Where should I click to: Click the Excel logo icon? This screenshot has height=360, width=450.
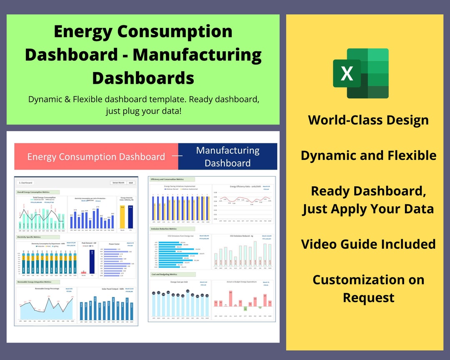coord(361,73)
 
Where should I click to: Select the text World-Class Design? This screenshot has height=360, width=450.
coord(368,120)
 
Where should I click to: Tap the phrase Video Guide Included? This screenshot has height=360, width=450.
coord(368,244)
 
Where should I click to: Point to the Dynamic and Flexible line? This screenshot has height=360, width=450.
coord(368,155)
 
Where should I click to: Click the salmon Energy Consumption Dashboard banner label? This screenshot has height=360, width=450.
coord(96,157)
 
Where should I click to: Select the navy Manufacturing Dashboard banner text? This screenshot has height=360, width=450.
coord(227,157)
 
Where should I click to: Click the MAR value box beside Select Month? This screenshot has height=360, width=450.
coord(131,182)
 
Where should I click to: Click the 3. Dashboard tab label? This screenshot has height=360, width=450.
coord(25,182)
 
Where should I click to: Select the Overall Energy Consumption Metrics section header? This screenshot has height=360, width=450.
coord(38,192)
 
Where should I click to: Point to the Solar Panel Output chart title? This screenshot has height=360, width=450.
coord(107,289)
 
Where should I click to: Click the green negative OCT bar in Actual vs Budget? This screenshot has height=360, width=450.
coord(245,309)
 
